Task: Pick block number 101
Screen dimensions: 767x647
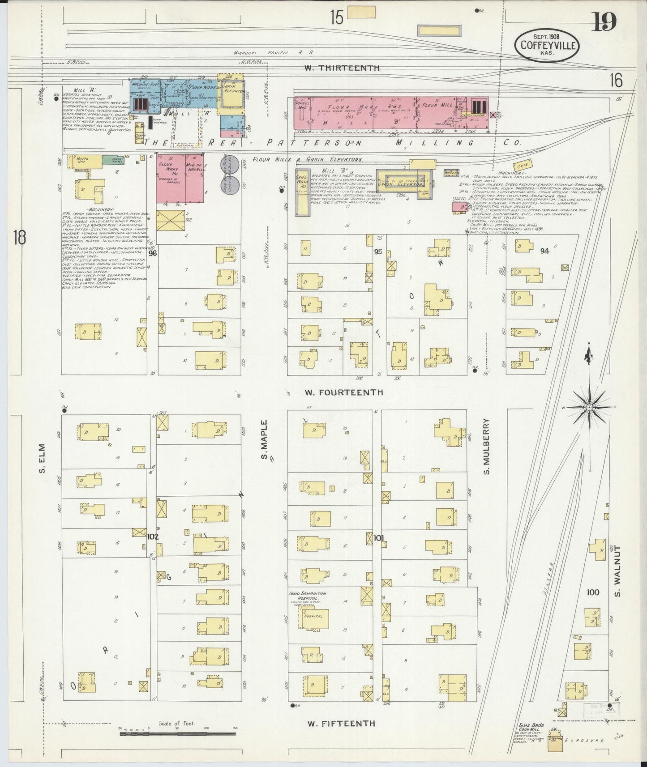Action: (x=379, y=537)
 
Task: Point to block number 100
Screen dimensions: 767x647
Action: (x=592, y=592)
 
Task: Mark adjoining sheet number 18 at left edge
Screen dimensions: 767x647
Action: (x=19, y=237)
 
